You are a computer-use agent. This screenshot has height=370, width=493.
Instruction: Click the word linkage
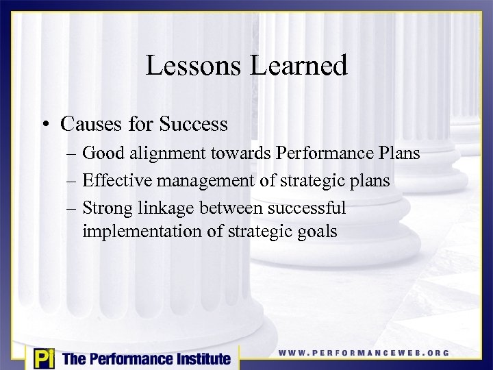(x=168, y=208)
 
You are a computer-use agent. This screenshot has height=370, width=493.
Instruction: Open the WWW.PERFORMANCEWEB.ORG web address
(x=364, y=353)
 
